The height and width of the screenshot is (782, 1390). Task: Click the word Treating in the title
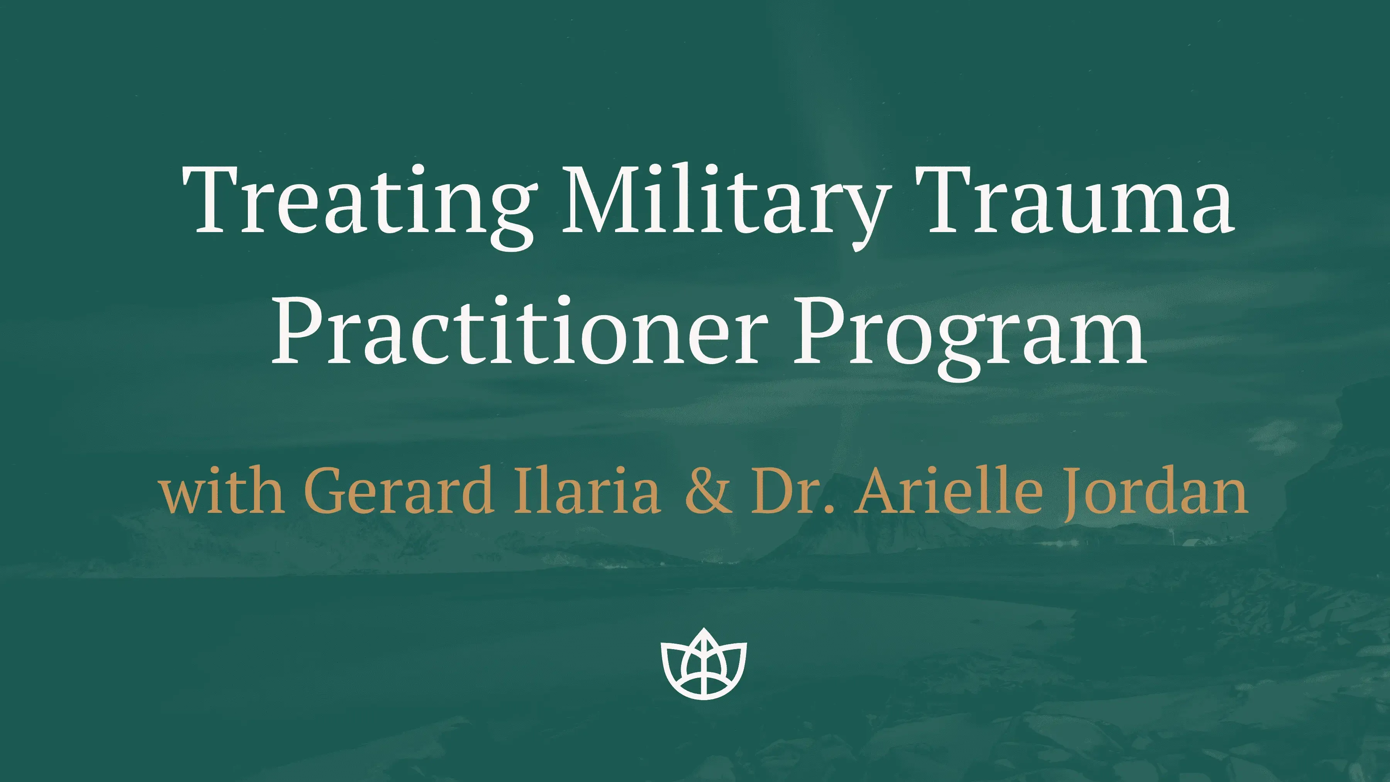click(x=359, y=207)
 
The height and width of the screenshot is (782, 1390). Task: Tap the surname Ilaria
click(x=587, y=487)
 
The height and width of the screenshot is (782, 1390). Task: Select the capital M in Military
click(x=604, y=201)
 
